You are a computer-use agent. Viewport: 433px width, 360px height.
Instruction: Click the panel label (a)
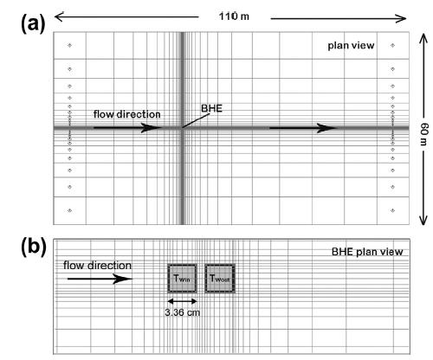tap(33, 23)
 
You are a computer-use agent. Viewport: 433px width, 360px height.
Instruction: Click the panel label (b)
tap(34, 247)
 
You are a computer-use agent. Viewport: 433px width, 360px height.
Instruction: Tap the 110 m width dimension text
tap(234, 16)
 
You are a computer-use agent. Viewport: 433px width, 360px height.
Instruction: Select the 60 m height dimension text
tap(424, 134)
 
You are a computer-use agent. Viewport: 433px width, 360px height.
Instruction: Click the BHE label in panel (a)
tap(211, 108)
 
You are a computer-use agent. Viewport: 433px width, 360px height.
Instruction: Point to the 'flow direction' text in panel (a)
tap(127, 114)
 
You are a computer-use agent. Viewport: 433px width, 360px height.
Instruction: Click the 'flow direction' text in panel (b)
tap(97, 266)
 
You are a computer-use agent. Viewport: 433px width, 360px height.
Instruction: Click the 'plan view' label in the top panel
tap(351, 46)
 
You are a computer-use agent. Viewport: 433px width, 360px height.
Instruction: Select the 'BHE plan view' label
tap(367, 252)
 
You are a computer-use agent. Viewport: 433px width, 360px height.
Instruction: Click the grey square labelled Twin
tap(182, 279)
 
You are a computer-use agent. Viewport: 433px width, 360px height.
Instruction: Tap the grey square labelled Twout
tap(220, 279)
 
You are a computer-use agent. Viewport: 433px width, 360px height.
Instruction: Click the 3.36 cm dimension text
tap(183, 312)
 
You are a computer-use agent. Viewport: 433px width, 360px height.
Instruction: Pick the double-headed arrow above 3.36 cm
tap(182, 301)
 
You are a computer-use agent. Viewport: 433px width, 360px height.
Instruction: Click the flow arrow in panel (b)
tap(100, 279)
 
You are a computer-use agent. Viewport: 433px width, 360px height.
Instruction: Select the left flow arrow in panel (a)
tap(127, 128)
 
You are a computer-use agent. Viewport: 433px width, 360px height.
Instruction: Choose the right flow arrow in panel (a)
tap(303, 128)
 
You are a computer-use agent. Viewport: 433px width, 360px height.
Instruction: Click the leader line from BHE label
tap(196, 120)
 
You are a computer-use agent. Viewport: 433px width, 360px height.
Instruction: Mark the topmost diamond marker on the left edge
tap(69, 45)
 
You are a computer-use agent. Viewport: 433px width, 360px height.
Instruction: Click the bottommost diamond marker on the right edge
tap(392, 210)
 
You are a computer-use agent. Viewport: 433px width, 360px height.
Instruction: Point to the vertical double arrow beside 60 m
tap(423, 129)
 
